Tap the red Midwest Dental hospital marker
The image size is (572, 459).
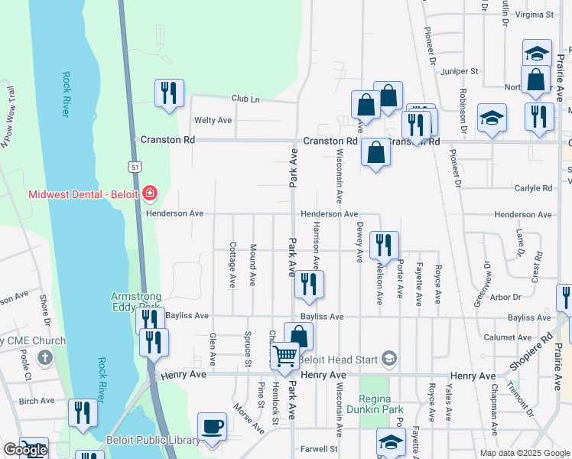(x=149, y=193)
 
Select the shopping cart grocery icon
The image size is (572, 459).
(x=285, y=356)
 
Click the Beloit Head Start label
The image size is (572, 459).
(x=340, y=359)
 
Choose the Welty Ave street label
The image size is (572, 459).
(x=213, y=120)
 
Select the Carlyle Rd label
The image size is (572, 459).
(x=533, y=188)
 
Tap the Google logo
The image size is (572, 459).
(x=25, y=450)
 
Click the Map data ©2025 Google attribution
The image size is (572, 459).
(x=524, y=453)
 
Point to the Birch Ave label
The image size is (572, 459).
(x=37, y=401)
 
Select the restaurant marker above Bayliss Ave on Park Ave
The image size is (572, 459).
(x=309, y=284)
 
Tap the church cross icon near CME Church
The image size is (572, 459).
(x=45, y=357)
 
